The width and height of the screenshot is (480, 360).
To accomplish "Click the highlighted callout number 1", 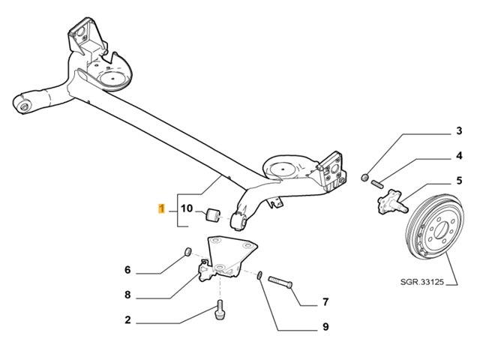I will click(x=160, y=208).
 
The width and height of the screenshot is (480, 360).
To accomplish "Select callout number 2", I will click(x=128, y=320).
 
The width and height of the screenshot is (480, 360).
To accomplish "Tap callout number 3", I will click(x=459, y=132).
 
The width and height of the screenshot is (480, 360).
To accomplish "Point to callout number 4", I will click(x=459, y=156).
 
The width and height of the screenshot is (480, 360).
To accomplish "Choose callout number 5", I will click(x=459, y=180).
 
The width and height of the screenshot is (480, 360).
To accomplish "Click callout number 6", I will click(x=128, y=269).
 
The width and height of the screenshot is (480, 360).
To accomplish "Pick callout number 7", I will click(x=325, y=302).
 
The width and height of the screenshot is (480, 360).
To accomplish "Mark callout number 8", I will click(x=128, y=295).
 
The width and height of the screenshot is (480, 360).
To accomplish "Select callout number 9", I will click(x=325, y=327).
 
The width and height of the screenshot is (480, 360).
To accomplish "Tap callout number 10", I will click(x=187, y=208).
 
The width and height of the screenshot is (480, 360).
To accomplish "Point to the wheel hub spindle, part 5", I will click(x=390, y=202).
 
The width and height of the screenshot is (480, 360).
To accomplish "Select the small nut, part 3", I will click(x=364, y=177).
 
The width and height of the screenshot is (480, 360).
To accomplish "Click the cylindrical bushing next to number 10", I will click(x=212, y=216).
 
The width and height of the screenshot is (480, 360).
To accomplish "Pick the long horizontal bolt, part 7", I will click(x=279, y=283).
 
